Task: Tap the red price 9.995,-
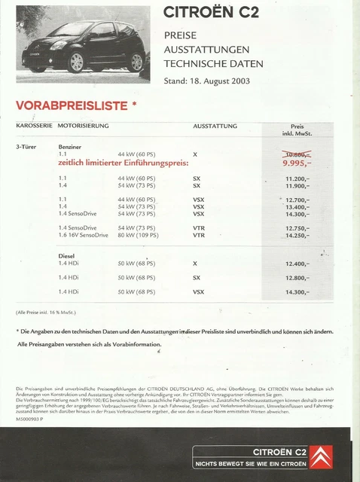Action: [295, 161]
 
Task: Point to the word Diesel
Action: [66, 256]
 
